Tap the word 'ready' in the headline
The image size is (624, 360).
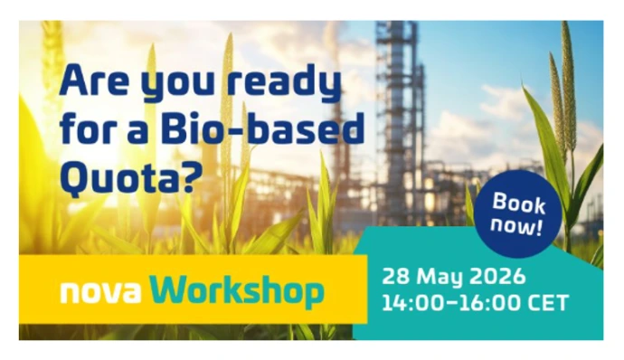(x=285, y=83)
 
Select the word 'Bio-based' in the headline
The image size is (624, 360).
(x=262, y=128)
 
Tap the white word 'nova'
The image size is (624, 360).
(x=101, y=292)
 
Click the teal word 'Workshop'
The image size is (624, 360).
(x=236, y=292)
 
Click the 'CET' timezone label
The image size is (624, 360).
(x=548, y=303)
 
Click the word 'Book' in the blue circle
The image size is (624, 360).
(x=519, y=203)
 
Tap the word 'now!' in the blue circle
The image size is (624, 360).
(x=516, y=226)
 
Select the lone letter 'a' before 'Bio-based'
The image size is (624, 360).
(x=139, y=131)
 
